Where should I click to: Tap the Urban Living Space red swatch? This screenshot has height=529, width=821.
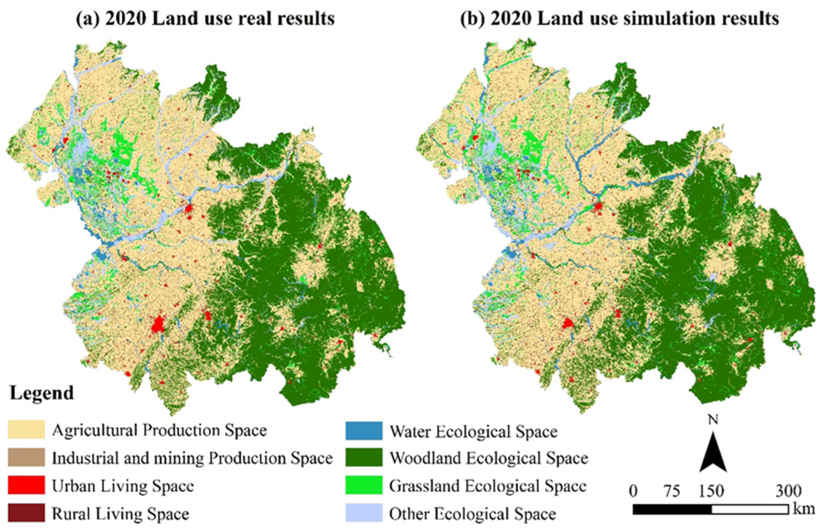27,485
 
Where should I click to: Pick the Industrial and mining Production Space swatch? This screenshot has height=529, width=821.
27,457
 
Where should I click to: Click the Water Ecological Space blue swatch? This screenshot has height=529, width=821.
364,431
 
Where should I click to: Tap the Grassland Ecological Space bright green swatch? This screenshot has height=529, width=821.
364,485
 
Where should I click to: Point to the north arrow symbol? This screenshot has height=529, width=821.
713,457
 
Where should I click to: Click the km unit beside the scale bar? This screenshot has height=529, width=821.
804,508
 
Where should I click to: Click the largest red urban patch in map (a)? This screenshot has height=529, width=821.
158,324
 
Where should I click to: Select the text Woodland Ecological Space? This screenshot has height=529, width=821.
489,458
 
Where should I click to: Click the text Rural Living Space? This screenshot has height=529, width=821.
120,514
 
